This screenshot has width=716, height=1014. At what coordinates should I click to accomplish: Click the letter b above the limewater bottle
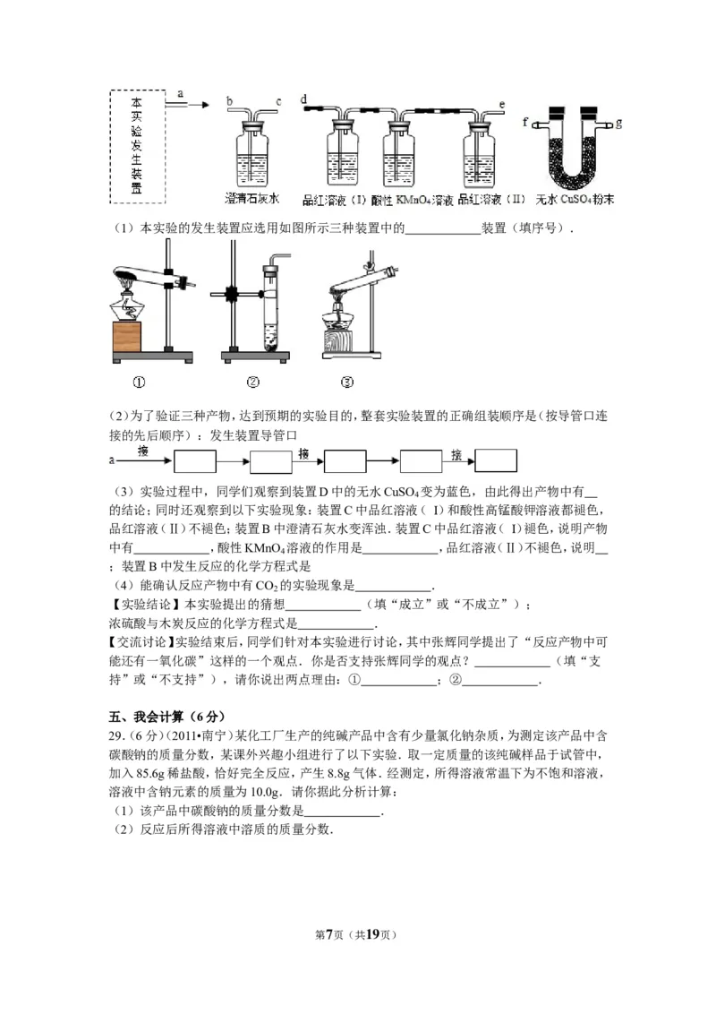(230, 101)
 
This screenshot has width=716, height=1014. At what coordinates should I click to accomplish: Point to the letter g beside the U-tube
(618, 120)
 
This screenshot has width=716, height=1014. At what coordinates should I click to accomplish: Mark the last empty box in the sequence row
(496, 460)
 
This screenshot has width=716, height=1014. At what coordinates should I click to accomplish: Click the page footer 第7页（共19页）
(358, 934)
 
